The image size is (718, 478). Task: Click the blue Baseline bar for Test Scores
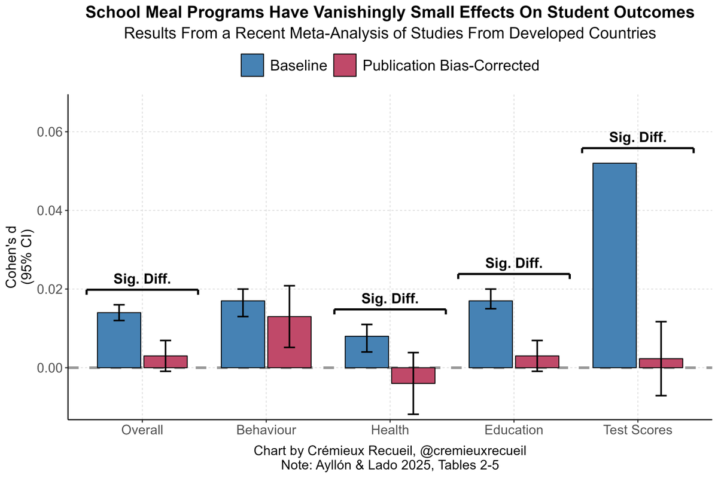(614, 265)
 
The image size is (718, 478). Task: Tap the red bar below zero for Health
(413, 375)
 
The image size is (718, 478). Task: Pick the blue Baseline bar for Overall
(119, 340)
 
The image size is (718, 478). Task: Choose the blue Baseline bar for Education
(491, 334)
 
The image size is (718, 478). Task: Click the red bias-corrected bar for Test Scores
(661, 363)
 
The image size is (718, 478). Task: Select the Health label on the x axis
(390, 430)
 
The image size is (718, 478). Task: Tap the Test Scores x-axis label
(638, 430)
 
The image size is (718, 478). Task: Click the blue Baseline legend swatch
(252, 65)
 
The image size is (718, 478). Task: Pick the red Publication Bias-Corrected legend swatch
(344, 65)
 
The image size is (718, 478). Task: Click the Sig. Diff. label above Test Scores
(638, 137)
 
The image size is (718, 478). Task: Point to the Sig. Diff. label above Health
(390, 299)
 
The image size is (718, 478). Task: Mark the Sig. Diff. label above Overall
(142, 279)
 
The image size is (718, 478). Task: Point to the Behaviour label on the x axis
(266, 430)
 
